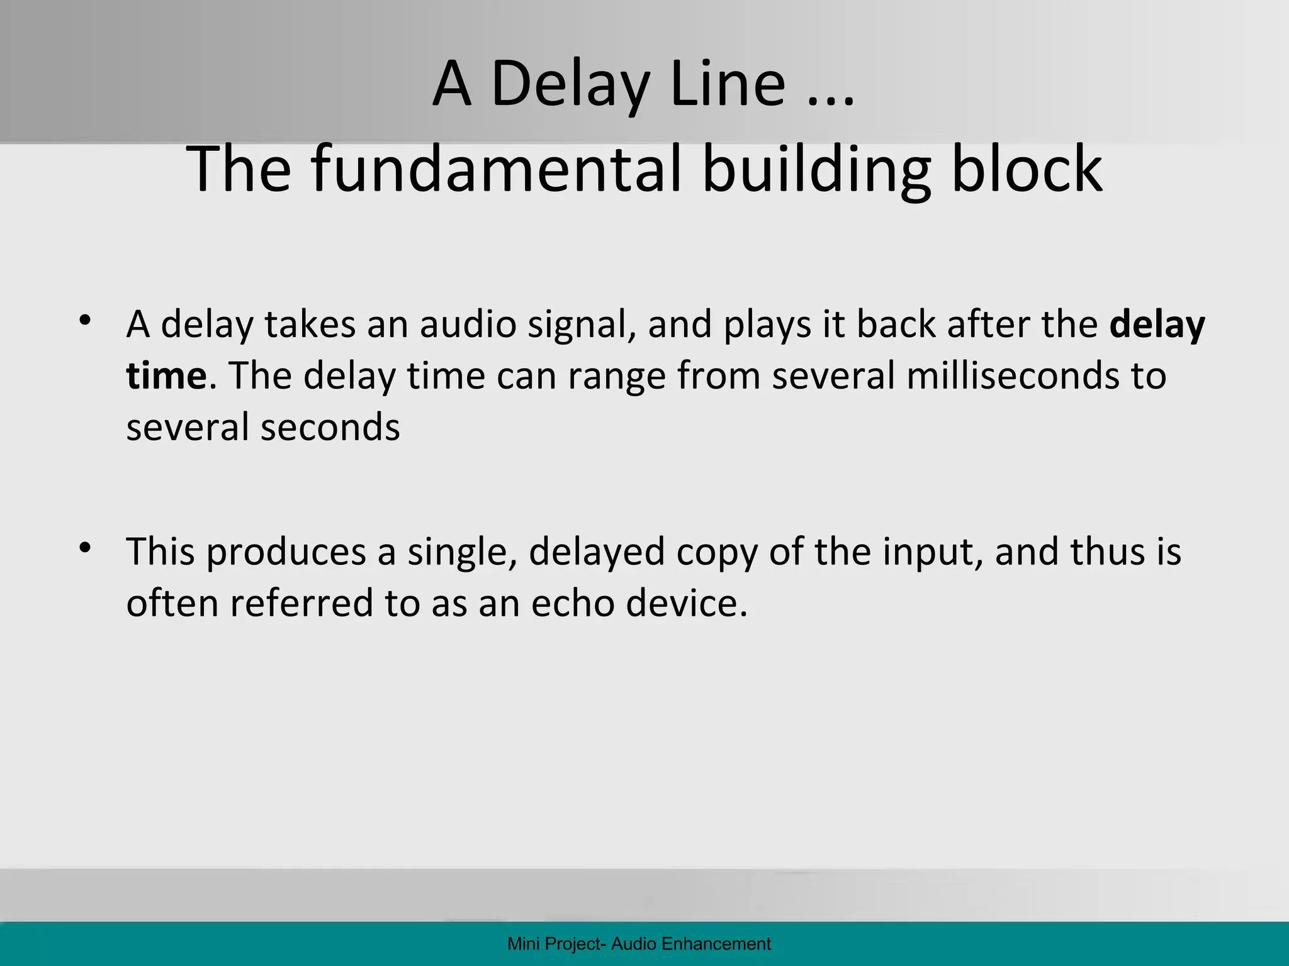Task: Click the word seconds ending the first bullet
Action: tap(330, 427)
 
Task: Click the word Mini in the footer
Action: tap(520, 944)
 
